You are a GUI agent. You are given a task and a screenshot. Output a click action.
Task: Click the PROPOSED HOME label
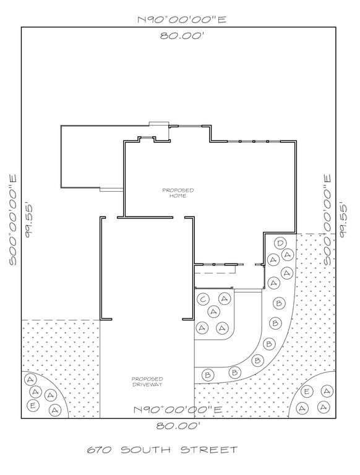pos(178,192)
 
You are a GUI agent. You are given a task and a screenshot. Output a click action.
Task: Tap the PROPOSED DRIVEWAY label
pos(147,382)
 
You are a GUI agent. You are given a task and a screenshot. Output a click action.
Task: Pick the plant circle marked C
pos(202,299)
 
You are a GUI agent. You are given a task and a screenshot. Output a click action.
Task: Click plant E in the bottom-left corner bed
pos(32,406)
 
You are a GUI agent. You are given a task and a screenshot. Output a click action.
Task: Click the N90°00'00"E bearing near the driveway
pos(178,409)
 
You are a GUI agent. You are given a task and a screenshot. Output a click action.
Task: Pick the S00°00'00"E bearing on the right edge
pos(328,219)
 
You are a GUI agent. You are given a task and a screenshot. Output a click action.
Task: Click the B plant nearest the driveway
pos(208,375)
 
